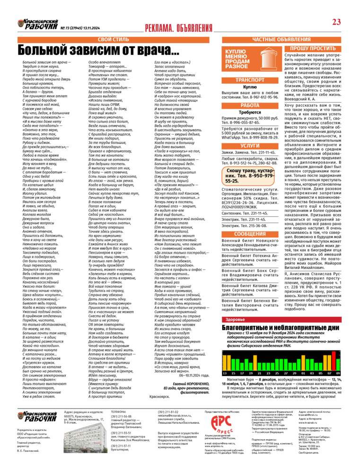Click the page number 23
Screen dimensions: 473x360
[x=336, y=22]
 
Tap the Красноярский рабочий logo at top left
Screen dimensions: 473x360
[x=38, y=25]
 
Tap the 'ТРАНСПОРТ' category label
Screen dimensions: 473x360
[x=250, y=80]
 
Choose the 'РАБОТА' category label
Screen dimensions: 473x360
[x=250, y=105]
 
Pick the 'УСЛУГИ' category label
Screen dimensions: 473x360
[x=250, y=146]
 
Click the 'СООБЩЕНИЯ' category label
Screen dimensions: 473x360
[x=250, y=234]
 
